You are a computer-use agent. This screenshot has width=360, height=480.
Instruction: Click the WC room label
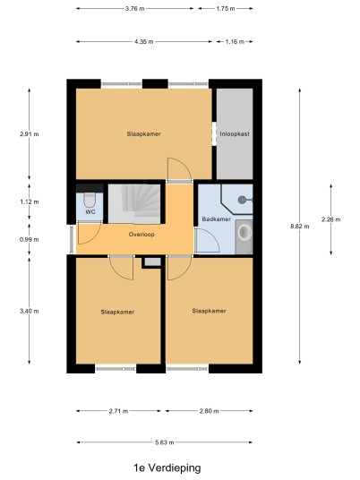pos(90,212)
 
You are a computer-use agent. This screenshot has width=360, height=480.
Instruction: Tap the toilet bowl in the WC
pos(90,200)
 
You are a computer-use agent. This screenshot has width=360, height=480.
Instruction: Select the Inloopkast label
pos(235,134)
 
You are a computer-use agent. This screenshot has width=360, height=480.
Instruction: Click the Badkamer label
pos(217,219)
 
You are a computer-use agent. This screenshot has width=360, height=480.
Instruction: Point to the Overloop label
pos(141,235)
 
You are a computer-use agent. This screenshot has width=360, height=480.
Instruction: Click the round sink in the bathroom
pos(245,232)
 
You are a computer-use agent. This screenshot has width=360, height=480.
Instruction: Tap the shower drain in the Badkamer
pos(242,200)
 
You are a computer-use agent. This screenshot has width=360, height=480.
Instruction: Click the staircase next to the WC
pos(134,203)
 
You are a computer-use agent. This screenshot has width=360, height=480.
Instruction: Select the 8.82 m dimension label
pos(300,227)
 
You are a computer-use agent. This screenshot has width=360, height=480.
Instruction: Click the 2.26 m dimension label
pos(331,219)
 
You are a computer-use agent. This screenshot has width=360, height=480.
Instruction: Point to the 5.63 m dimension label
pos(165,442)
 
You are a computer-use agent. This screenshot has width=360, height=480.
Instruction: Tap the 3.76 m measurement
pos(134,9)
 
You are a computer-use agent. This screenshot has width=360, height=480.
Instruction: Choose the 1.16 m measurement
pos(235,41)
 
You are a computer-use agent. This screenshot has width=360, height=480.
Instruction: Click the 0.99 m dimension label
pos(30,239)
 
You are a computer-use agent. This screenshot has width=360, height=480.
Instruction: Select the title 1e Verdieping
pos(167,467)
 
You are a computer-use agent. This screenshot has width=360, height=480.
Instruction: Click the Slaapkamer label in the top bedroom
pos(144,134)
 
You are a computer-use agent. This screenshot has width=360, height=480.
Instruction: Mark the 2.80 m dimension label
pos(209,411)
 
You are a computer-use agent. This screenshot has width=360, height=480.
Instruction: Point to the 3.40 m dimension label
pos(30,312)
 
